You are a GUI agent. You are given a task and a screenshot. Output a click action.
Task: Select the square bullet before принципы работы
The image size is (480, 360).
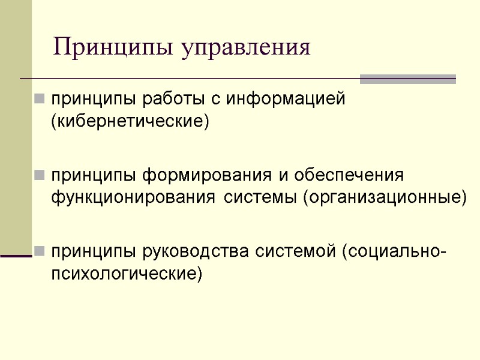(x=39, y=98)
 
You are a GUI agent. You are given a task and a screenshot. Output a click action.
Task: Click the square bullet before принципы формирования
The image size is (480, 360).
(x=39, y=176)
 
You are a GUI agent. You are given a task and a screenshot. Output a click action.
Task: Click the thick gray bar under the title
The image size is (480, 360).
(x=407, y=79)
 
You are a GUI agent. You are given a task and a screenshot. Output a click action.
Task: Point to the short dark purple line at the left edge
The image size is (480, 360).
(x=16, y=256)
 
